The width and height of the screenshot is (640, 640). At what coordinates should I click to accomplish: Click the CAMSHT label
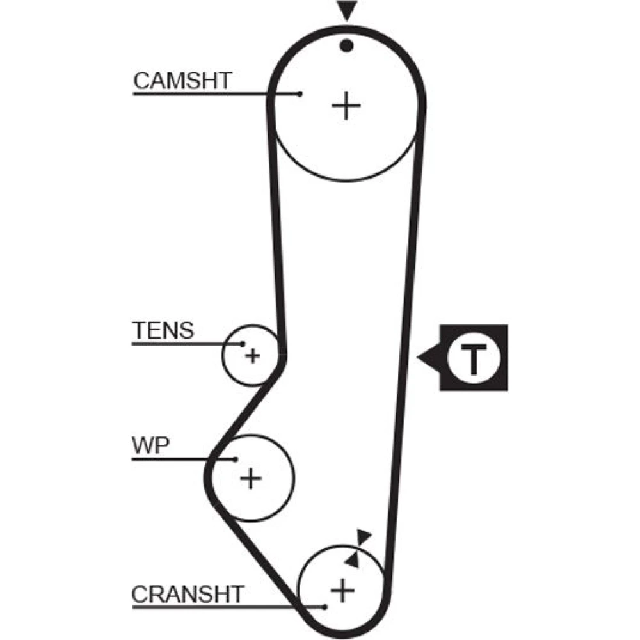pos(182,81)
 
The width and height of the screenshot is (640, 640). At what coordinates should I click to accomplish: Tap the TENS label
pos(163,331)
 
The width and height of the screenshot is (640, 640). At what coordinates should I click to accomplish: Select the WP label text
pos(150,445)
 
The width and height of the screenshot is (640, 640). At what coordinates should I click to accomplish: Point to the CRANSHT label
pos(188,594)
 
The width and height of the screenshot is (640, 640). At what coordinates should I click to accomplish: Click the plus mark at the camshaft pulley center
pos(346,105)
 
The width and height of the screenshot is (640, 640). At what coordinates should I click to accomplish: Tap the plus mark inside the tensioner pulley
pos(253,355)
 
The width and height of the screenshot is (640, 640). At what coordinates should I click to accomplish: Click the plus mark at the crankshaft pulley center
pos(343,589)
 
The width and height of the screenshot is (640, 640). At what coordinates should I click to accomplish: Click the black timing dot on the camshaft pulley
pos(347,45)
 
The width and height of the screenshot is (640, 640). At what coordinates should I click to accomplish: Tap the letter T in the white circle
pos(474,358)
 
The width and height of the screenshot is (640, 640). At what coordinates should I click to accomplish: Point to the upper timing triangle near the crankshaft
pos(364,536)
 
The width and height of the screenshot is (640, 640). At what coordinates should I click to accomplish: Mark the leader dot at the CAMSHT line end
pos(300,94)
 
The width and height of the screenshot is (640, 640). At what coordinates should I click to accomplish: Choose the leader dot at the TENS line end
pos(243,344)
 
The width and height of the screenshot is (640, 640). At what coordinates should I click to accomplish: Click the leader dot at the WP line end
pos(236,458)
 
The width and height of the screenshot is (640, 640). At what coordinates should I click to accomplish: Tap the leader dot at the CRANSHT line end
pos(325,606)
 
